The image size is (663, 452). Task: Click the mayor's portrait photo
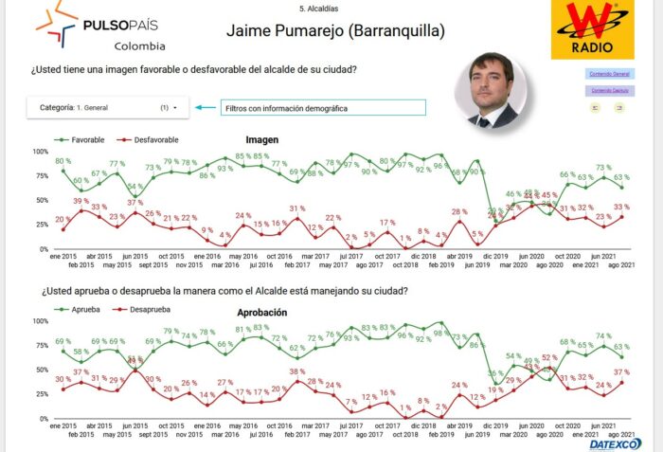pyautogui.click(x=492, y=90)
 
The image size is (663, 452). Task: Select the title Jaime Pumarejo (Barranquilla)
pyautogui.click(x=335, y=30)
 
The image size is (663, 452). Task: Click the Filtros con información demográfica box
pyautogui.click(x=323, y=108)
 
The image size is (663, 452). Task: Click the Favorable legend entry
pyautogui.click(x=81, y=139)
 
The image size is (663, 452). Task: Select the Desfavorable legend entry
pyautogui.click(x=152, y=139)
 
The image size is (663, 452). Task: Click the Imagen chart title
pyautogui.click(x=262, y=139)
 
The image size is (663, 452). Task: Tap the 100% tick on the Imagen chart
pyautogui.click(x=40, y=152)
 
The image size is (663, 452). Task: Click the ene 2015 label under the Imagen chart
pyautogui.click(x=63, y=256)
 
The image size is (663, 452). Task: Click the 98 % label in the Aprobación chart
pyautogui.click(x=439, y=334)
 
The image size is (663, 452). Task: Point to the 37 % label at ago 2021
pyautogui.click(x=621, y=371)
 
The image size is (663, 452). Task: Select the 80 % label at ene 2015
pyautogui.click(x=63, y=161)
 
